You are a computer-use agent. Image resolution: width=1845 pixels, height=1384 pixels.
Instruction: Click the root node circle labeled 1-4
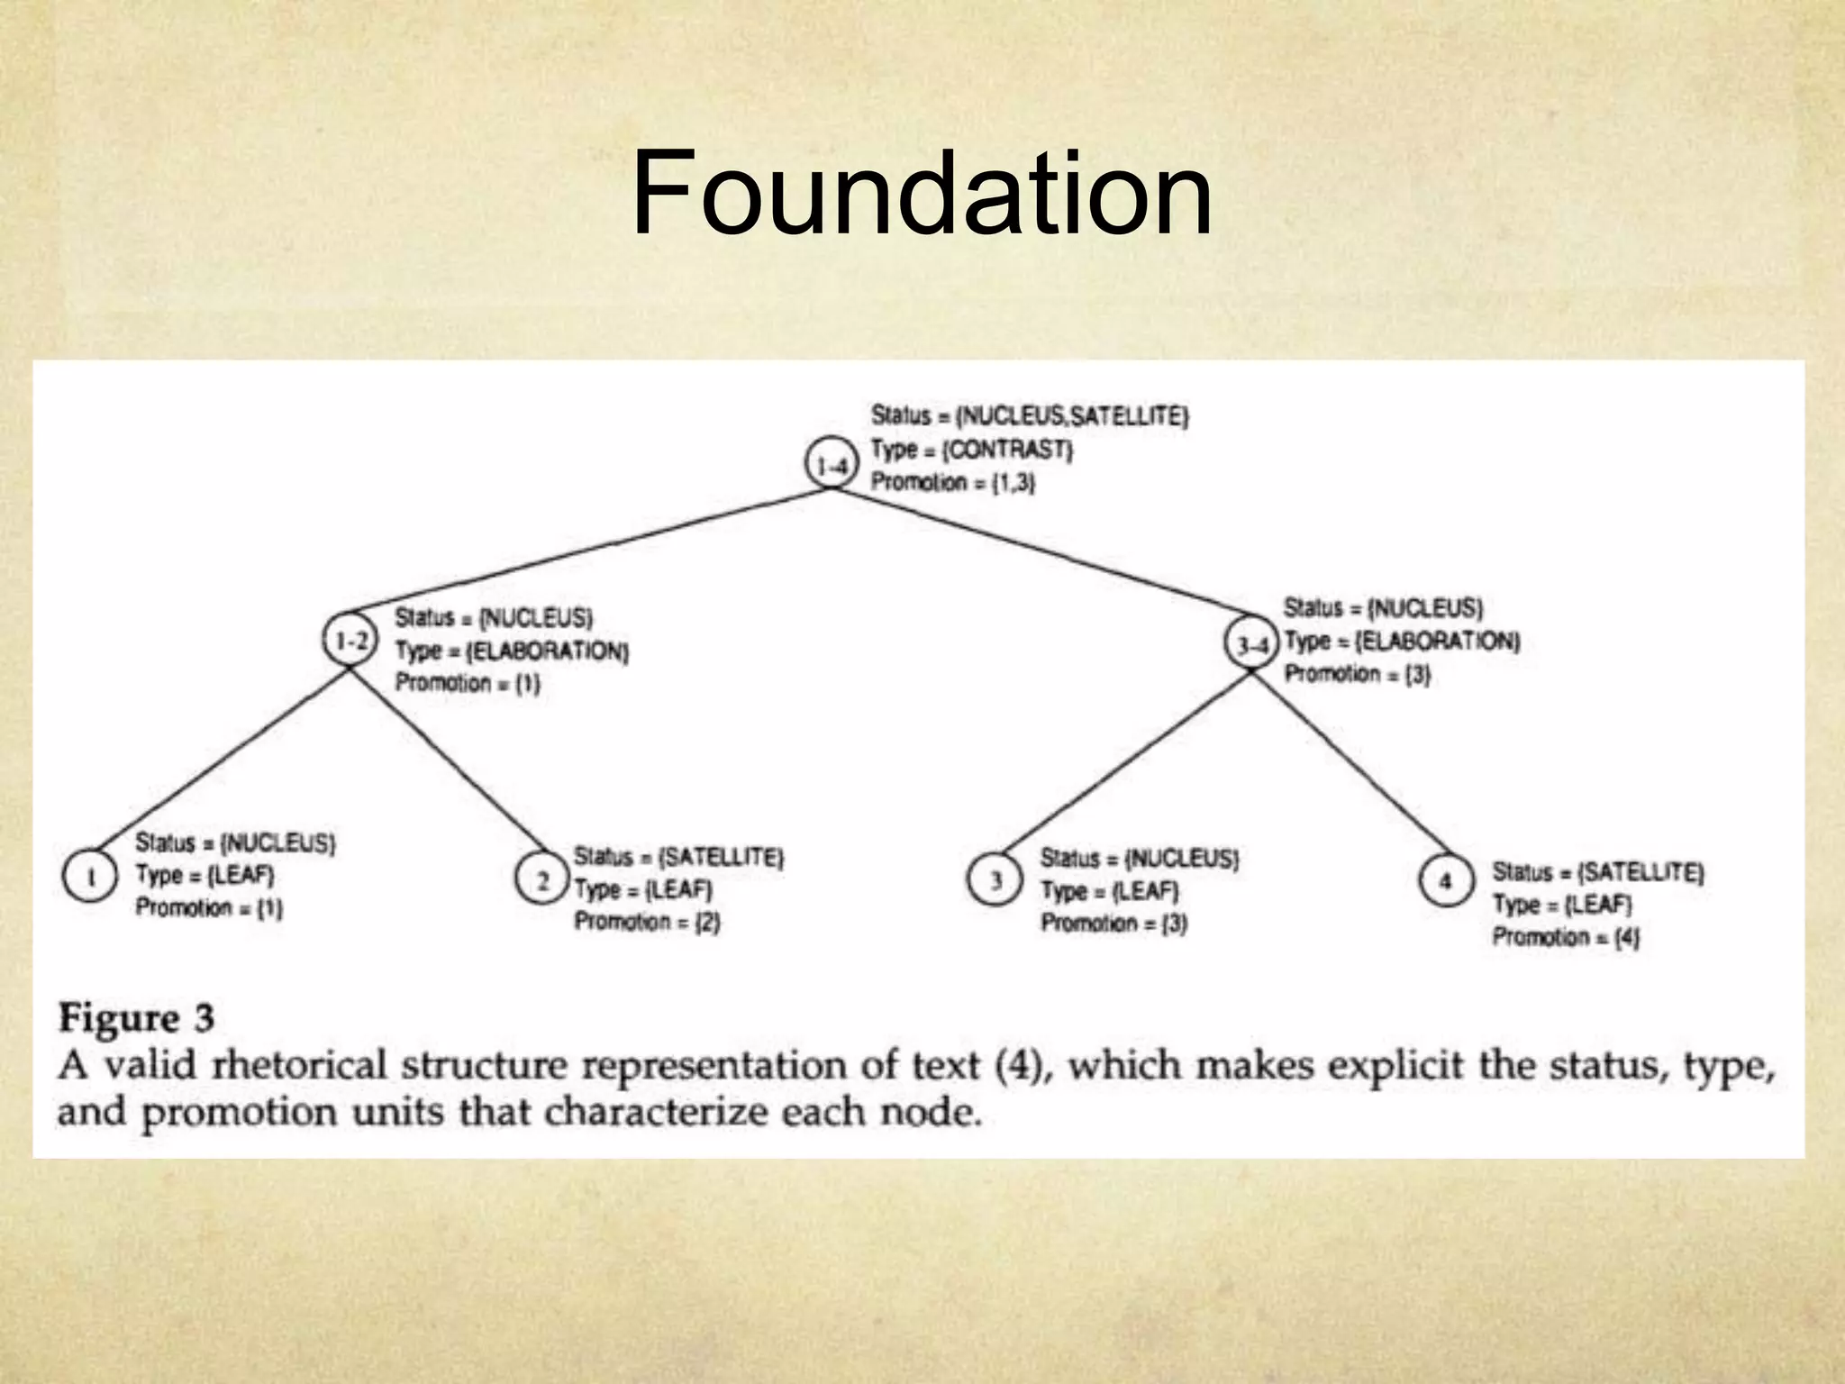click(x=828, y=465)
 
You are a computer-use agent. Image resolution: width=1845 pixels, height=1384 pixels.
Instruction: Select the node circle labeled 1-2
click(x=349, y=641)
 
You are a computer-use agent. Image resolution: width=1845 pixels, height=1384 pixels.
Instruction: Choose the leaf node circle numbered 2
click(x=542, y=879)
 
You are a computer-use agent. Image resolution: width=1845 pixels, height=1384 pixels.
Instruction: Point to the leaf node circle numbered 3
click(x=995, y=879)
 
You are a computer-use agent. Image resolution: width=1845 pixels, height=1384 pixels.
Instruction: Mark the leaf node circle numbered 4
click(x=1445, y=879)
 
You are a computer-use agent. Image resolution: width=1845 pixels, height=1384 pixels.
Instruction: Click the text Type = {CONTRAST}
click(x=971, y=449)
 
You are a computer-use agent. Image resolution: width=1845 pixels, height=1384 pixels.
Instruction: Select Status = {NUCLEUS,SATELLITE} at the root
click(x=1030, y=416)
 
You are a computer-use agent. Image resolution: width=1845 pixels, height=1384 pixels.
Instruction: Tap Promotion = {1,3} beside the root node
click(x=952, y=482)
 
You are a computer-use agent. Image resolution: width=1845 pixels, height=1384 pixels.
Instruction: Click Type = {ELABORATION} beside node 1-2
click(x=512, y=651)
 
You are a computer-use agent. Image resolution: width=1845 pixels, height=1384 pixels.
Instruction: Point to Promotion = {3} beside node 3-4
click(x=1357, y=674)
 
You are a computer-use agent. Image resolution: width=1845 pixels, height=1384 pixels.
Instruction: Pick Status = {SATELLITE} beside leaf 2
click(x=678, y=856)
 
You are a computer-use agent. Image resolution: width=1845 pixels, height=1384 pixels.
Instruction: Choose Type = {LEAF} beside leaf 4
click(x=1562, y=905)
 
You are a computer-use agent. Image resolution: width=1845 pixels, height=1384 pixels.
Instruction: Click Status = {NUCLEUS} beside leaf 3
click(x=1140, y=859)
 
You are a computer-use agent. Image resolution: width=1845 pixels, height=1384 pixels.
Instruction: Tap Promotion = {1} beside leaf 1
click(x=209, y=908)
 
